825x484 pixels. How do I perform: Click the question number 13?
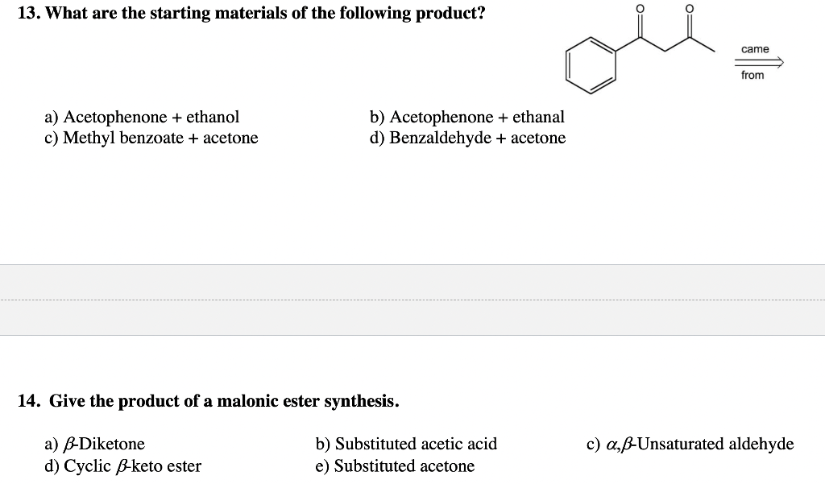[29, 14]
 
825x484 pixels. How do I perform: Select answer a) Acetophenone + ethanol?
[142, 117]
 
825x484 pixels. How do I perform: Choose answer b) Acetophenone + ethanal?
[466, 117]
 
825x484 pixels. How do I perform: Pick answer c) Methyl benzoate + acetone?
[151, 138]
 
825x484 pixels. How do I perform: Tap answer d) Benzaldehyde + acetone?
[467, 138]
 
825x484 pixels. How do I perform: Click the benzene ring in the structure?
[591, 65]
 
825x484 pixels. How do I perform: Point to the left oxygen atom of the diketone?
[641, 9]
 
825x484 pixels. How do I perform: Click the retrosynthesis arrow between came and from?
[758, 62]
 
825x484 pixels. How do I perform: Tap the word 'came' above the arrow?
[755, 49]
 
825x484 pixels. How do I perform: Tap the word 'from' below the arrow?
[752, 75]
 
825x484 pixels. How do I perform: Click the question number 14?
[29, 401]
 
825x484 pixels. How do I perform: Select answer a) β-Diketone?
[95, 444]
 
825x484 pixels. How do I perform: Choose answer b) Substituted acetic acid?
[406, 444]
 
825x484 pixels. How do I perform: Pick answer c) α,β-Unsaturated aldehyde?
[690, 444]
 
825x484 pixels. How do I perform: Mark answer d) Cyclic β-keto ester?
[123, 465]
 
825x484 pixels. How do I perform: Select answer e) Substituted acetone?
[395, 465]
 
